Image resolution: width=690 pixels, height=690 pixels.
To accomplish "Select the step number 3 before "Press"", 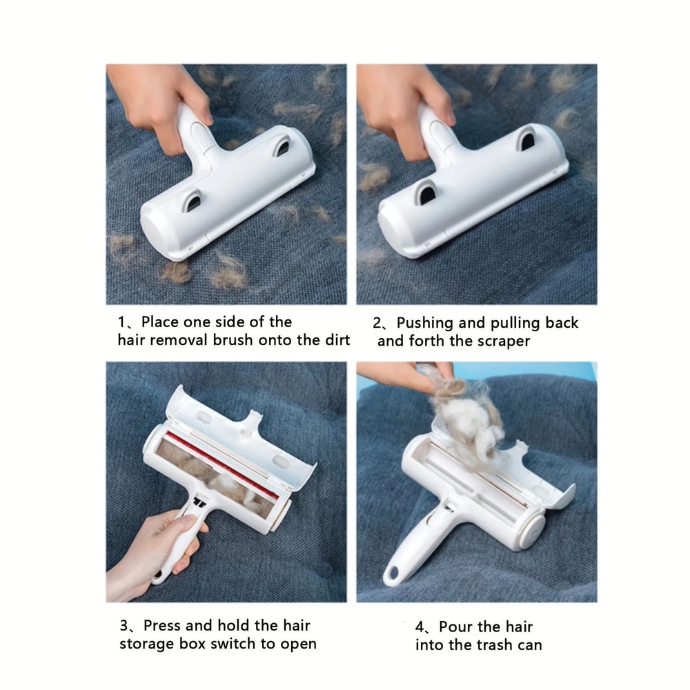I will [124, 626].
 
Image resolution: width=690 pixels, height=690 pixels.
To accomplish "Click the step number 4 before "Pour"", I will [420, 627].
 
